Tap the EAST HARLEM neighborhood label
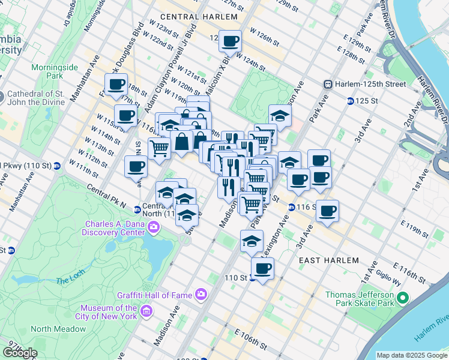pyautogui.click(x=329, y=260)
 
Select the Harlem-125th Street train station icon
pyautogui.click(x=328, y=84)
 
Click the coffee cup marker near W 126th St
pyautogui.click(x=230, y=41)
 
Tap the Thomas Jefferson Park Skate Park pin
pyautogui.click(x=403, y=297)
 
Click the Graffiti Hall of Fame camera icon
pyautogui.click(x=200, y=295)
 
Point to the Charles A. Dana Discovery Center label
pyautogui.click(x=115, y=227)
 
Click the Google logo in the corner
pyautogui.click(x=20, y=352)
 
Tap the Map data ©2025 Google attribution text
pyautogui.click(x=412, y=355)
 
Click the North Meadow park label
pyautogui.click(x=58, y=329)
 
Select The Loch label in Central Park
pyautogui.click(x=72, y=280)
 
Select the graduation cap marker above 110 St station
pyautogui.click(x=252, y=241)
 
